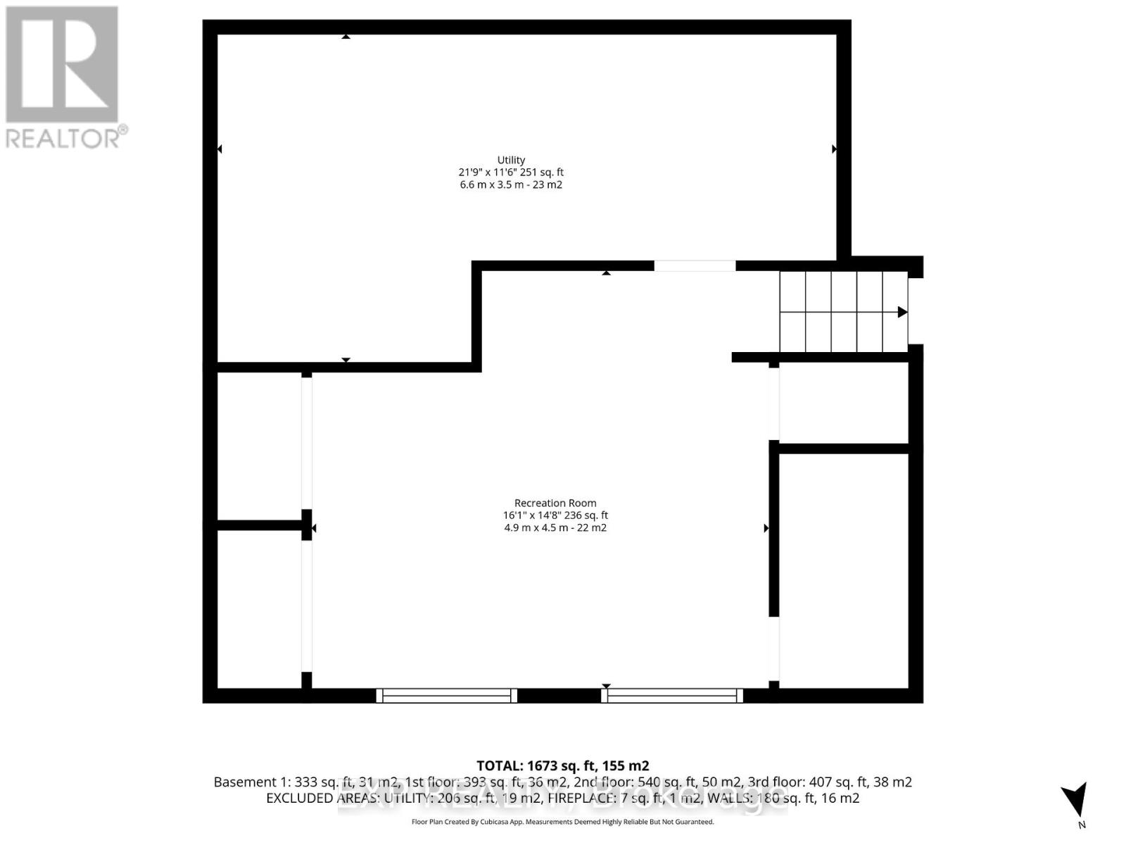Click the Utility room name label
511,160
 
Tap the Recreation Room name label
555,503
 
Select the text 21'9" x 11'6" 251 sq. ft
511,172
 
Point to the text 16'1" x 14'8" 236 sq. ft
555,515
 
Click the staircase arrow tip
903,312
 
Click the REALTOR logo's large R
62,65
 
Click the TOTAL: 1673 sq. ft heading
562,765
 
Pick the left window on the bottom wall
447,696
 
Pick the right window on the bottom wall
673,696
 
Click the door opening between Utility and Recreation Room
695,265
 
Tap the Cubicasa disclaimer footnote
562,822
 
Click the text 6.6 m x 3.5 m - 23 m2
511,184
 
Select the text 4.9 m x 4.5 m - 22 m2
555,527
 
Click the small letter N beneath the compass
1082,825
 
